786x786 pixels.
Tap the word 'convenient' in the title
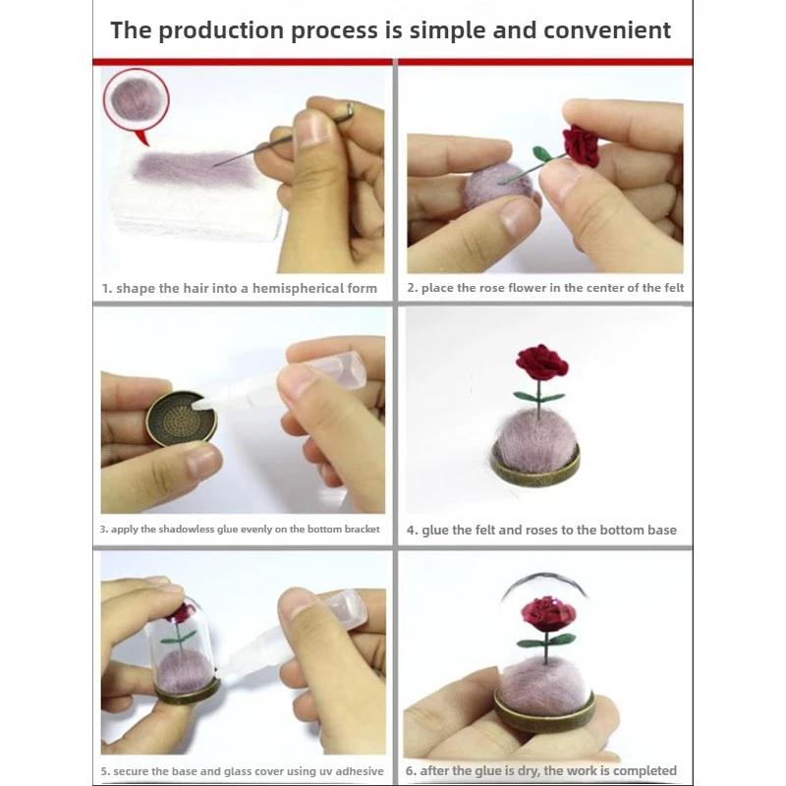point(607,30)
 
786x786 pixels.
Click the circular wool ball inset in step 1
point(136,101)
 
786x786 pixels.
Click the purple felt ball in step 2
point(493,186)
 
